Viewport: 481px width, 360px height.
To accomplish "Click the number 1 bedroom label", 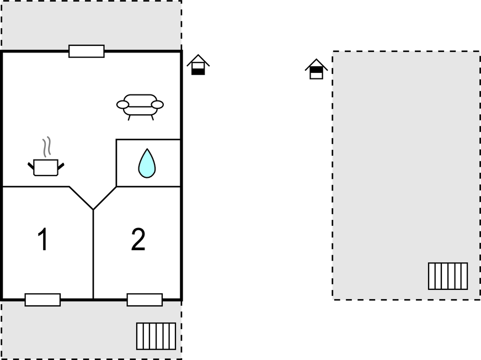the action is click(x=43, y=239).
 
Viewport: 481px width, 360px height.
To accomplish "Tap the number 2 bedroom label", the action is click(x=138, y=239).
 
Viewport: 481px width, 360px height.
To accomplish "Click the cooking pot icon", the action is click(x=46, y=167).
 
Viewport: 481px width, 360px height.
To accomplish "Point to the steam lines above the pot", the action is click(x=47, y=147).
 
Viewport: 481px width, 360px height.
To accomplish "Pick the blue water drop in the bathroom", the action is click(x=147, y=163).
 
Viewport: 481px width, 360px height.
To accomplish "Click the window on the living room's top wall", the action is click(x=87, y=51).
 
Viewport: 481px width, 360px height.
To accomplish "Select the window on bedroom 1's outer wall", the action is click(x=42, y=300).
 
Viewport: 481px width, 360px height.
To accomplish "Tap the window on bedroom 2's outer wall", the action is click(x=145, y=300).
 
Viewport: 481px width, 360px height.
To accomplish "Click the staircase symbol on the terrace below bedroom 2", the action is click(x=156, y=336).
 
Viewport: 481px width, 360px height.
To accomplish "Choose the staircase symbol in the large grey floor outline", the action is click(x=448, y=276).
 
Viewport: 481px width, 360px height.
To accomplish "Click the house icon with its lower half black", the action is click(x=198, y=65).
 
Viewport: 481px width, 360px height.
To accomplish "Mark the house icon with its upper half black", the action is click(x=316, y=69).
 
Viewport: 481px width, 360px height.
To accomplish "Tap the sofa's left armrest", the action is click(x=122, y=105).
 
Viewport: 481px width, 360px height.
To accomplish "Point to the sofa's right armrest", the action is click(x=158, y=105).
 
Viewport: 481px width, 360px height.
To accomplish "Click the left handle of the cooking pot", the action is click(x=31, y=166).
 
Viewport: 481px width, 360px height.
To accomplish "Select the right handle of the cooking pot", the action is click(x=61, y=166).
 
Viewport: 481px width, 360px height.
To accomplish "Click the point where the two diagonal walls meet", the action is click(x=93, y=210).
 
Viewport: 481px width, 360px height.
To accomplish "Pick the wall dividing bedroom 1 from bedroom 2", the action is click(x=93, y=255).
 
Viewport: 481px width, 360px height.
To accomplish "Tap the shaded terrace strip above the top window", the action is click(x=92, y=25).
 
